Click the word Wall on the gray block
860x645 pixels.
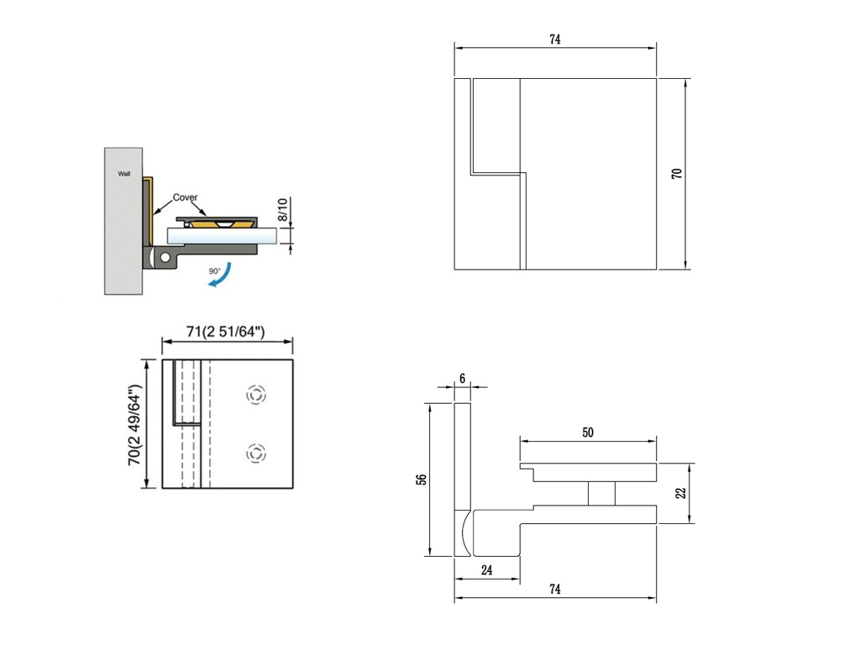point(124,174)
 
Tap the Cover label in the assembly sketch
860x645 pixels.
point(185,197)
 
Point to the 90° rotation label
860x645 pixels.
point(214,271)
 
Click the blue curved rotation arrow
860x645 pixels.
point(221,275)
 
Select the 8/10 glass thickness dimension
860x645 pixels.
point(282,209)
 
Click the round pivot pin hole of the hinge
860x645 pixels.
point(165,257)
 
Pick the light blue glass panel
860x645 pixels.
point(221,236)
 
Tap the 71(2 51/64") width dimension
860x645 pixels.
point(226,331)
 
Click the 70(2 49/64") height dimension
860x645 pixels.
point(135,425)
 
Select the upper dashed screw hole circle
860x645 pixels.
point(255,395)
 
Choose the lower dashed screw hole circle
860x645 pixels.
point(255,454)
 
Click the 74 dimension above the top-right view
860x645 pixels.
point(555,39)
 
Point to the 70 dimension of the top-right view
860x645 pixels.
point(677,173)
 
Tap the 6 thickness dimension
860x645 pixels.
point(463,379)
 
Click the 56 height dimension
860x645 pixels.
point(422,479)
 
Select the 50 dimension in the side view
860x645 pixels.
point(588,433)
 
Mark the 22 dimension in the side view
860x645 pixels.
point(680,493)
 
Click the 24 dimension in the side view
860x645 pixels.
point(487,570)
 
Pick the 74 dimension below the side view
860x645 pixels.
point(555,589)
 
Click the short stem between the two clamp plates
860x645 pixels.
point(601,494)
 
